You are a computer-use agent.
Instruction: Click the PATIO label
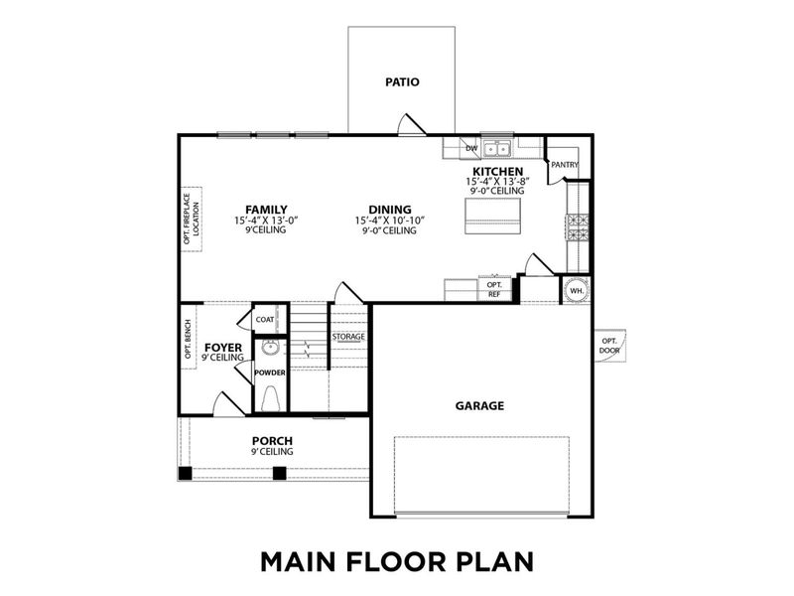(x=402, y=82)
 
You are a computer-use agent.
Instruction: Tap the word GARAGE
(x=480, y=405)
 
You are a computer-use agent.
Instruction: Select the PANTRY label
(x=565, y=165)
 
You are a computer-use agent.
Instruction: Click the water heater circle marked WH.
(x=577, y=290)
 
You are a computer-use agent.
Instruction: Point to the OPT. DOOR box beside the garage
(x=609, y=346)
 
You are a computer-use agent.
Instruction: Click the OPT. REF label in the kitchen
(x=494, y=289)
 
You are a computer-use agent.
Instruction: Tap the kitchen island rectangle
(x=493, y=216)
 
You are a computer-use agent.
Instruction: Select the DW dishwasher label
(x=472, y=149)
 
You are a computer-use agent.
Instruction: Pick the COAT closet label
(x=265, y=319)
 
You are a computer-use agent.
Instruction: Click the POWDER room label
(x=270, y=372)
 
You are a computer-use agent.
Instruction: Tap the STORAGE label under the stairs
(x=348, y=337)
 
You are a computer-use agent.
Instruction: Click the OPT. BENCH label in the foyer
(x=188, y=339)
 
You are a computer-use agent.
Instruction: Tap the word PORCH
(x=271, y=440)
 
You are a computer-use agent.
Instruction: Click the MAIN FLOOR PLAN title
(x=396, y=560)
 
